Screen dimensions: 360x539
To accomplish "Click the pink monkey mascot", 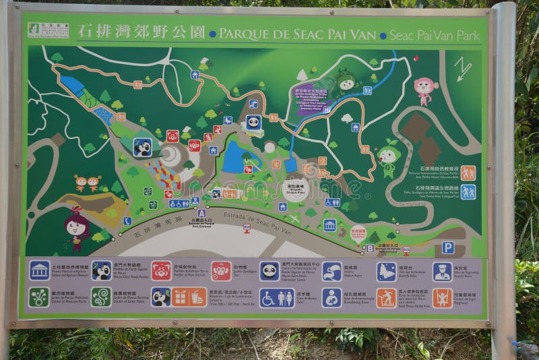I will pos(424,90).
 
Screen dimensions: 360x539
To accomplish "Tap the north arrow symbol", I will pos(462,68).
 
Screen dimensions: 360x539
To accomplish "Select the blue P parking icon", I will pos(448,247).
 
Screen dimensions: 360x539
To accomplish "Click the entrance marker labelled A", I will pos(201,213).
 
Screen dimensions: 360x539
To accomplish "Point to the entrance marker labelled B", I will pos(370,248).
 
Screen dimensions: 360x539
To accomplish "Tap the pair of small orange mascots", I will pos(88,183).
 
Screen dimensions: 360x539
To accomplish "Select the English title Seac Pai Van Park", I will pos(435,34).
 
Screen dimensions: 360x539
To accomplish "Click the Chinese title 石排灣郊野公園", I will pos(141,32).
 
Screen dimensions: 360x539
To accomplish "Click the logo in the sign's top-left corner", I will pos(48,30).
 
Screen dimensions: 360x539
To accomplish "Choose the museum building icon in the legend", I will pos(39,270).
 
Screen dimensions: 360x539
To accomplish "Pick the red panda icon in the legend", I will pos(161,270).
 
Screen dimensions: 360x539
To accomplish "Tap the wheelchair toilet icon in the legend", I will pos(277,297).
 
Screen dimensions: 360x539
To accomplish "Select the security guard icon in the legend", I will pos(442,271).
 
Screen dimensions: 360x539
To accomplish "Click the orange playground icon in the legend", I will pos(442,297).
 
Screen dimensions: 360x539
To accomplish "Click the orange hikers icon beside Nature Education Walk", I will pos(468,173).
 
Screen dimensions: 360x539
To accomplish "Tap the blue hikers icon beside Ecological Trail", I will pos(468,191).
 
